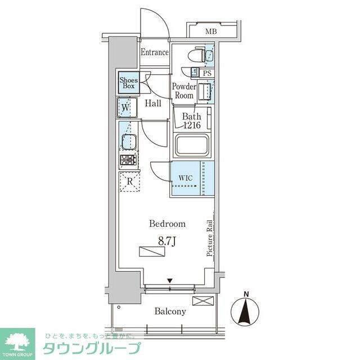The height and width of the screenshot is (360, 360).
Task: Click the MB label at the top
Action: [x=211, y=31]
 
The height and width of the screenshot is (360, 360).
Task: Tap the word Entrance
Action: [x=154, y=52]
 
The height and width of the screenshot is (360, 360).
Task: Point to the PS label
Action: [x=207, y=73]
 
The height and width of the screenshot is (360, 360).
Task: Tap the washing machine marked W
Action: [x=126, y=106]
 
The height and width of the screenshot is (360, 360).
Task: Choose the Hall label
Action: [x=153, y=103]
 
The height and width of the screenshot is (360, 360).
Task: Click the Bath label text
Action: [x=191, y=120]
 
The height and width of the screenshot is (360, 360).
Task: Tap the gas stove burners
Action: [x=128, y=160]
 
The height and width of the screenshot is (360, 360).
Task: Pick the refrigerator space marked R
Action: [x=129, y=181]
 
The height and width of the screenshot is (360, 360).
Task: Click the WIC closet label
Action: [x=186, y=178]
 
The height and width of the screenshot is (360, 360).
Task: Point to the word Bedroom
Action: [x=167, y=224]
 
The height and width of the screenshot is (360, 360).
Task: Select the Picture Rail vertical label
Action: [x=210, y=238]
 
